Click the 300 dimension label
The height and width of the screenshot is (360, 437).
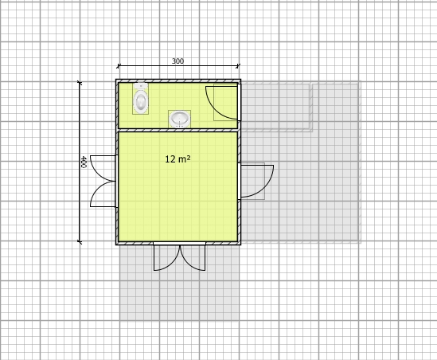pos(178,61)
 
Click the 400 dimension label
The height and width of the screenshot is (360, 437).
pos(84,162)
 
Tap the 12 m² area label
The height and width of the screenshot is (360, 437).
pos(178,159)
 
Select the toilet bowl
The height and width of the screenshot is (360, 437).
pos(141,102)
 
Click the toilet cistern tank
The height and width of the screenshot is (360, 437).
pos(141,86)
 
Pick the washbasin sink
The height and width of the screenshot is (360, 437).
pos(179,119)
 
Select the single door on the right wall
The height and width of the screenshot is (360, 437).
pos(257,182)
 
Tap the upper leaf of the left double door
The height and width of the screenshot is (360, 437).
pos(103,168)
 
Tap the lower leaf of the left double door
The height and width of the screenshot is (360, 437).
pos(103,194)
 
